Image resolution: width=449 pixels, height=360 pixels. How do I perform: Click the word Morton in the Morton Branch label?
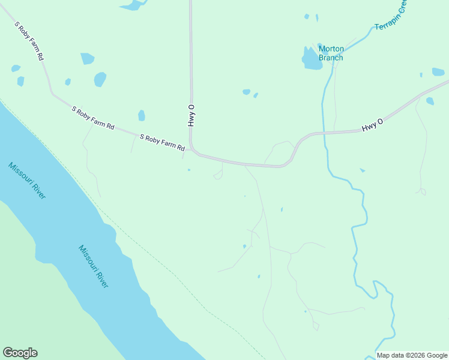click(331, 49)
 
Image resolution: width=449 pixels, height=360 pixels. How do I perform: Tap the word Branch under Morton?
click(331, 58)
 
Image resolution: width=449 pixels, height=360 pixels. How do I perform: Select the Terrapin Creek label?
click(390, 20)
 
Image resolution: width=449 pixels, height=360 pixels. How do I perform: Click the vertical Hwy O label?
click(191, 115)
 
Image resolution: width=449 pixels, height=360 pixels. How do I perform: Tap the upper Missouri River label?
click(27, 181)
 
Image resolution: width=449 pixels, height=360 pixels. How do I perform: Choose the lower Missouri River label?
click(94, 266)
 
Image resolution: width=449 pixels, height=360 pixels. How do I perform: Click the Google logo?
click(20, 353)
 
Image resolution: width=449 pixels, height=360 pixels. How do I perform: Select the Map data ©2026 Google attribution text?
click(412, 355)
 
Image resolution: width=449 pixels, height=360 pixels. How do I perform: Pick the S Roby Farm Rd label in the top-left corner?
click(31, 41)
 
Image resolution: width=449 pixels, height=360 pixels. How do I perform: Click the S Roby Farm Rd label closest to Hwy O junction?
click(162, 146)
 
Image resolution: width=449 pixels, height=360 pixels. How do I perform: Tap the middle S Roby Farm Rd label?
click(93, 118)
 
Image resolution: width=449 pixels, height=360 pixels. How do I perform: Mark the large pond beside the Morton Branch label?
click(311, 59)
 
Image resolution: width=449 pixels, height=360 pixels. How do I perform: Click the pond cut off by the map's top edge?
click(133, 5)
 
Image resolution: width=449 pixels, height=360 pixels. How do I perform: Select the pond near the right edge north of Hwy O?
click(438, 72)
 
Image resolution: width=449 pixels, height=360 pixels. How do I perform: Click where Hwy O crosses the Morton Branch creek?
click(324, 132)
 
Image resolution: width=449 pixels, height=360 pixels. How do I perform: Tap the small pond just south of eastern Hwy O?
click(362, 170)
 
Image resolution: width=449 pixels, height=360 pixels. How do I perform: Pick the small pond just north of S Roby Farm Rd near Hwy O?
click(142, 115)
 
